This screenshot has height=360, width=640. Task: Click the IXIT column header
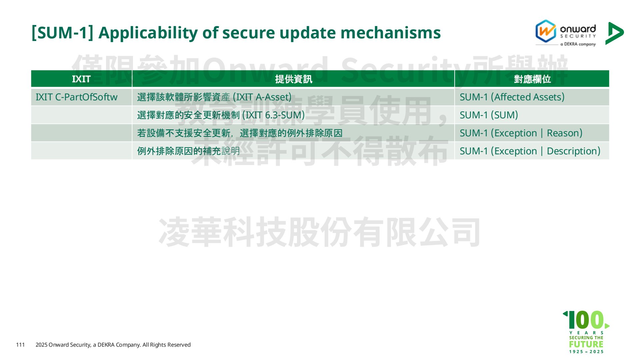pyautogui.click(x=81, y=79)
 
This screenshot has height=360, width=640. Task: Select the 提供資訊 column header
pyautogui.click(x=293, y=79)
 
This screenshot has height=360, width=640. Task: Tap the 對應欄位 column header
pyautogui.click(x=532, y=79)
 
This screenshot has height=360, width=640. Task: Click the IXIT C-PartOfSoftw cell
pyautogui.click(x=81, y=97)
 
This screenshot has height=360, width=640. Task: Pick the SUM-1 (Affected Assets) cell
pyautogui.click(x=532, y=97)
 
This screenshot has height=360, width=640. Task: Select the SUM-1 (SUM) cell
pyautogui.click(x=532, y=115)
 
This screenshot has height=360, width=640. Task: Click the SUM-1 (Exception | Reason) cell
pyautogui.click(x=532, y=133)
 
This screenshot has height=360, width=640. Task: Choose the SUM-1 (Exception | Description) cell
pyautogui.click(x=532, y=151)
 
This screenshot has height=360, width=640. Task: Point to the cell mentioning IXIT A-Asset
pyautogui.click(x=293, y=97)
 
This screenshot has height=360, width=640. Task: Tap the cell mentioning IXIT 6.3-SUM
pyautogui.click(x=293, y=115)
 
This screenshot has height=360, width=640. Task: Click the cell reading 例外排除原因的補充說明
pyautogui.click(x=293, y=151)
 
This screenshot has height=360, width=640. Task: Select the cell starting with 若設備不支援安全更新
pyautogui.click(x=293, y=133)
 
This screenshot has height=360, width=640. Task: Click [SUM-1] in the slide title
pyautogui.click(x=62, y=33)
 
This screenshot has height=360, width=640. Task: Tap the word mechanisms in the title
pyautogui.click(x=391, y=33)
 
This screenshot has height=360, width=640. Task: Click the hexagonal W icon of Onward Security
pyautogui.click(x=546, y=31)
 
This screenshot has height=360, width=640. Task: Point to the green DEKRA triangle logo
pyautogui.click(x=614, y=33)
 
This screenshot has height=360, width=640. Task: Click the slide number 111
pyautogui.click(x=20, y=345)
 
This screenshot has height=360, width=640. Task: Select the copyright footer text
pyautogui.click(x=113, y=345)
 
